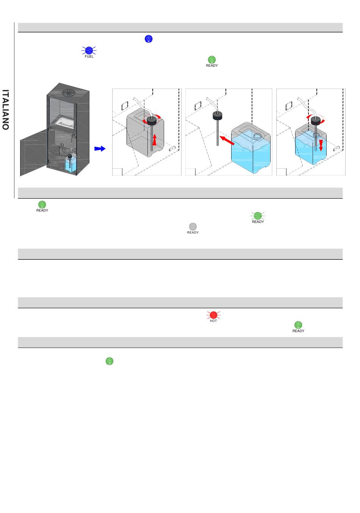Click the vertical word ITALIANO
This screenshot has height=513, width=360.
pos(5,110)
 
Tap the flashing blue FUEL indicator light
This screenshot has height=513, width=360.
pos(89,50)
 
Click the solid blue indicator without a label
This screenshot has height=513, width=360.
pos(149,39)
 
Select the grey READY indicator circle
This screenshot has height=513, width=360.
pos(193,227)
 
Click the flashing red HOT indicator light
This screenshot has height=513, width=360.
pos(213,315)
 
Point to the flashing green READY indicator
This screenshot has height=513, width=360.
pos(258,216)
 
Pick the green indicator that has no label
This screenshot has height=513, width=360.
pos(109,361)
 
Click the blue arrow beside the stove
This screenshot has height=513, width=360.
pos(99,149)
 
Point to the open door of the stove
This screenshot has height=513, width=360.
pos(34,152)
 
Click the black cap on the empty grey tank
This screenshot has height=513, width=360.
pos(152,121)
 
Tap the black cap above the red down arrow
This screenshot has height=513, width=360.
pos(316,120)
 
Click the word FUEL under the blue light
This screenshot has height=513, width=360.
pos(89,56)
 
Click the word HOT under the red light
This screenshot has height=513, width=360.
pos(213,321)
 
